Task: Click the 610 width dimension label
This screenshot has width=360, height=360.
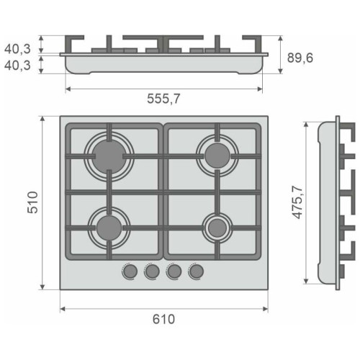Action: (x=163, y=319)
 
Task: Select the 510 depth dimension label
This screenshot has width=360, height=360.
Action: (x=32, y=202)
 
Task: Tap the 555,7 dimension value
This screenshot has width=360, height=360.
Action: (x=163, y=99)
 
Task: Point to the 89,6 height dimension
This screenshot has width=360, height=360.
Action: (x=300, y=58)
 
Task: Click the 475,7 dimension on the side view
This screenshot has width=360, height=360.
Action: (x=298, y=202)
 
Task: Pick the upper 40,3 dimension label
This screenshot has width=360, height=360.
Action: (x=17, y=49)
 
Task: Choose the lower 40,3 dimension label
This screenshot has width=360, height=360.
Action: (x=17, y=65)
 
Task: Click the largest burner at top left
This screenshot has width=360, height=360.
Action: (x=109, y=156)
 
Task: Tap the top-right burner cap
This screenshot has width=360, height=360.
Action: (x=217, y=156)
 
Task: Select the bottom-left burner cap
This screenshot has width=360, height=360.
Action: (x=109, y=228)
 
